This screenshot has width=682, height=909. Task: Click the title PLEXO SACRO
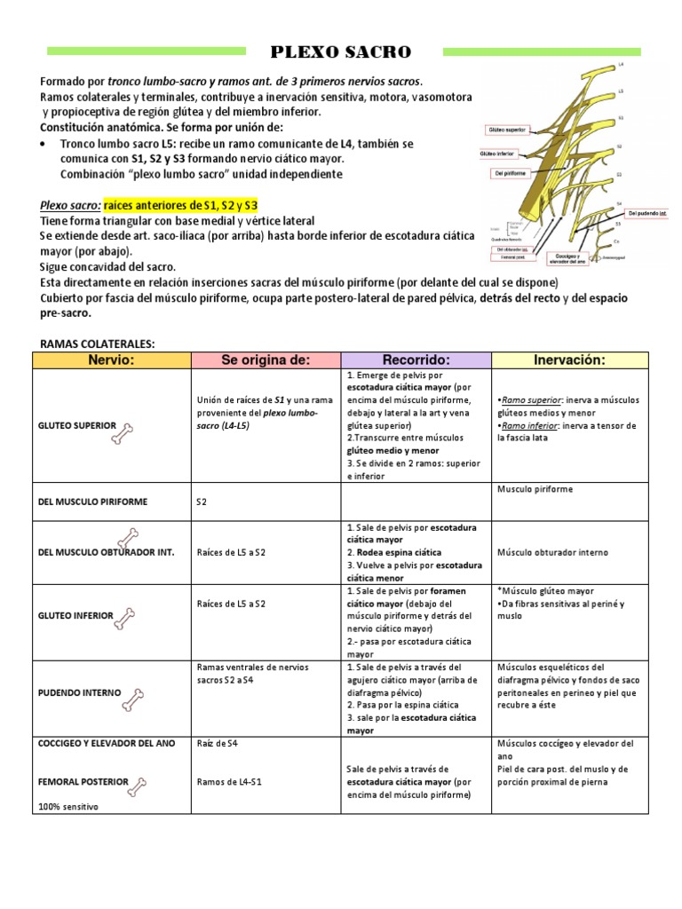click(341, 52)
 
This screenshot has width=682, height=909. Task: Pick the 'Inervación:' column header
click(569, 360)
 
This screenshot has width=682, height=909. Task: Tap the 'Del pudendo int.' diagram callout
click(646, 213)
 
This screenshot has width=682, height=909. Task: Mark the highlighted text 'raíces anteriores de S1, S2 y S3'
click(181, 205)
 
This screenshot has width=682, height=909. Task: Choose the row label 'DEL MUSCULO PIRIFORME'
click(92, 502)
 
